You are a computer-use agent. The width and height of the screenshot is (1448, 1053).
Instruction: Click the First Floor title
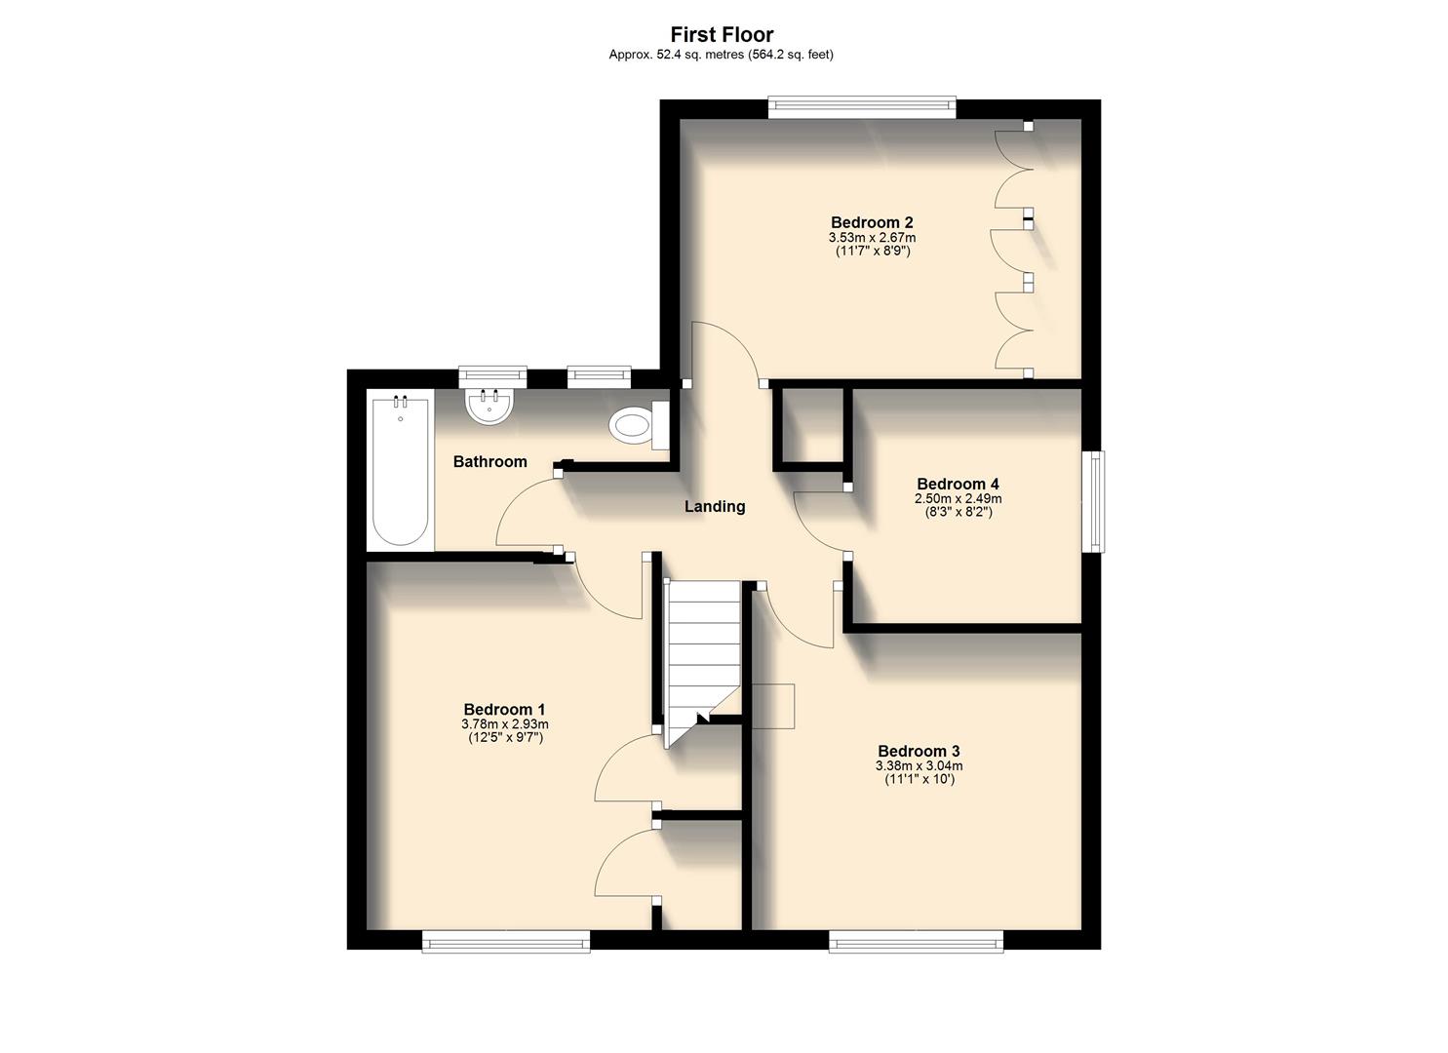coord(722,35)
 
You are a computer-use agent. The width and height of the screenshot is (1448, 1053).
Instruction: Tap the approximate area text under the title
coord(722,56)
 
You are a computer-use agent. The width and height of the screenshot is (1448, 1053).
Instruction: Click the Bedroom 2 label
coord(872,222)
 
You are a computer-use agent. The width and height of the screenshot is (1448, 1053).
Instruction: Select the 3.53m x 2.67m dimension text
coord(872,237)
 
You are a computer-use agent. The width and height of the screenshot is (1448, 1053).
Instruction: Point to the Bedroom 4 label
coord(958,484)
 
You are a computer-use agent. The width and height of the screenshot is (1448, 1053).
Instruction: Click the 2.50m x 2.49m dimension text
coord(958,498)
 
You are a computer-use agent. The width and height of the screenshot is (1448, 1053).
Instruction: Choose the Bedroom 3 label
coord(919,751)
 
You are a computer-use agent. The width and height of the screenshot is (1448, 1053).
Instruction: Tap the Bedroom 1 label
coord(504,709)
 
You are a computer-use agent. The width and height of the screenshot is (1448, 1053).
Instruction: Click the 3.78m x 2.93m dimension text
coord(504,724)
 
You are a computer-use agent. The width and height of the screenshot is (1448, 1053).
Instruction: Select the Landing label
coord(715,506)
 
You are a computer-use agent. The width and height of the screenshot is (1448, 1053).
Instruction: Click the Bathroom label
coord(489,461)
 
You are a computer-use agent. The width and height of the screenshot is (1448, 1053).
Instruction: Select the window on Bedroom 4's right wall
coord(1096,501)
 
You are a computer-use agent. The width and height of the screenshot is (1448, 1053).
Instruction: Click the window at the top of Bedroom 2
coord(862,107)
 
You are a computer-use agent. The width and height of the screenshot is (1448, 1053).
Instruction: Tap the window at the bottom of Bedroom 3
coord(916,940)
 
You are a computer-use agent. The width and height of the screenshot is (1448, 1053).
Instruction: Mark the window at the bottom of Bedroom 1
coord(506,940)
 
